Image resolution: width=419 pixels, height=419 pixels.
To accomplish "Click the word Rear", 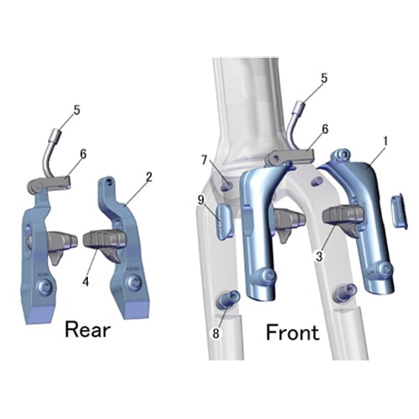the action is [x=88, y=330].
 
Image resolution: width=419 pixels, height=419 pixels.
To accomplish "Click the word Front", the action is [x=292, y=332].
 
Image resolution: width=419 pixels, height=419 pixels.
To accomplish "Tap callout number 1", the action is [x=385, y=142].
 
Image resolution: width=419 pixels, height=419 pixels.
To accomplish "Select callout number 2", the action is [x=149, y=177].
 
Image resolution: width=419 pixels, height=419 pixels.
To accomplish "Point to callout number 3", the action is [x=319, y=256].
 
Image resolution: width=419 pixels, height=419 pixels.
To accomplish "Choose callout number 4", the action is [x=85, y=282].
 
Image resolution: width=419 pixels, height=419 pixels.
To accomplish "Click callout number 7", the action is [x=204, y=160].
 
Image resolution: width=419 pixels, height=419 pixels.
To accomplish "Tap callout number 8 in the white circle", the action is [x=215, y=334].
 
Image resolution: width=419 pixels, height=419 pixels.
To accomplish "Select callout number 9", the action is [x=201, y=200].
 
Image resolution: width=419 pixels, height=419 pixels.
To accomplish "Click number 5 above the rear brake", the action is [x=77, y=110].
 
